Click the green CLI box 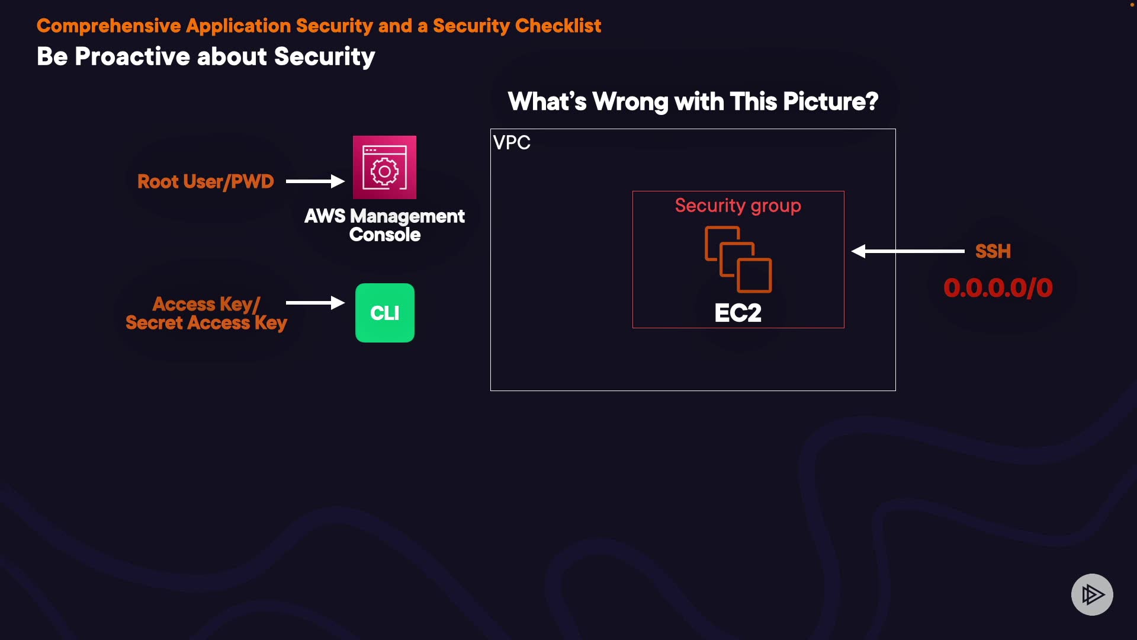click(385, 313)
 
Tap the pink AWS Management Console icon click(384, 168)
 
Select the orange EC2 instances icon click(738, 260)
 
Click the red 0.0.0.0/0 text click(998, 288)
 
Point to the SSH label click(993, 251)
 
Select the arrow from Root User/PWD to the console click(315, 181)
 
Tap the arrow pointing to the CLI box click(315, 303)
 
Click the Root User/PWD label click(205, 181)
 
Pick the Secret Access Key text click(206, 323)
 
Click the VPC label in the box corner click(512, 143)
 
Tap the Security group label click(738, 206)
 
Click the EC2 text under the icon click(738, 313)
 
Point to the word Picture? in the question click(830, 102)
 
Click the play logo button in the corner click(1092, 594)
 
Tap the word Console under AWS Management click(385, 235)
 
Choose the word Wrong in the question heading click(630, 102)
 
